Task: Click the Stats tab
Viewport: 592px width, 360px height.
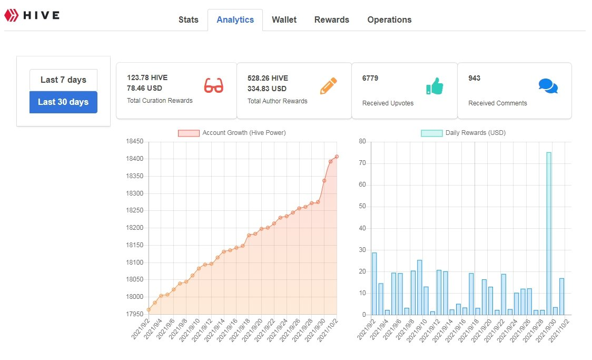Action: click(x=189, y=20)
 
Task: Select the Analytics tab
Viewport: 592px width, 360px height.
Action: click(x=235, y=20)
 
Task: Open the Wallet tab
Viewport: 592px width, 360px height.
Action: click(x=284, y=20)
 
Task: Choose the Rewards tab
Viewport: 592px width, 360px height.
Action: click(x=331, y=20)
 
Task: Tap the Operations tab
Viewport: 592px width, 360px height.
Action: click(x=389, y=20)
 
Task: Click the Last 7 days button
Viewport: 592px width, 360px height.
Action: click(x=63, y=80)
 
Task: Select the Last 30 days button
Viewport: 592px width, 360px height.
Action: click(x=63, y=102)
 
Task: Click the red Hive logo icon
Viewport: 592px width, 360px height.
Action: click(x=12, y=15)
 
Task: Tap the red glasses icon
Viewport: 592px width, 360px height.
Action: click(x=214, y=86)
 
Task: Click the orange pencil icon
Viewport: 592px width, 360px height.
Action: click(x=328, y=86)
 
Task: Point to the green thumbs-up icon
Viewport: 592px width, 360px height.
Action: click(x=435, y=86)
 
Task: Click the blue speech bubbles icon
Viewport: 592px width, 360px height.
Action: click(x=548, y=86)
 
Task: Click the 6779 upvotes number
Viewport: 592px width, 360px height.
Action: click(x=370, y=78)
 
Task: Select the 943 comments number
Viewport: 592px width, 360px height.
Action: click(x=474, y=78)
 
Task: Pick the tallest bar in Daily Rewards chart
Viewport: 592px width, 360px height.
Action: click(x=549, y=233)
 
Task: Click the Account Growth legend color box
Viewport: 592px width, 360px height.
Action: click(x=189, y=133)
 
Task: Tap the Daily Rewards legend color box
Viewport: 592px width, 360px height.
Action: click(x=431, y=133)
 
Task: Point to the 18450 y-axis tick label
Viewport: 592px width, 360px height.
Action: click(x=135, y=141)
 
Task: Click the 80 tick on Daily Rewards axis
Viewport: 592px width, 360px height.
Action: click(x=362, y=141)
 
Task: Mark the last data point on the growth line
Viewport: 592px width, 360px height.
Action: click(x=337, y=157)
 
